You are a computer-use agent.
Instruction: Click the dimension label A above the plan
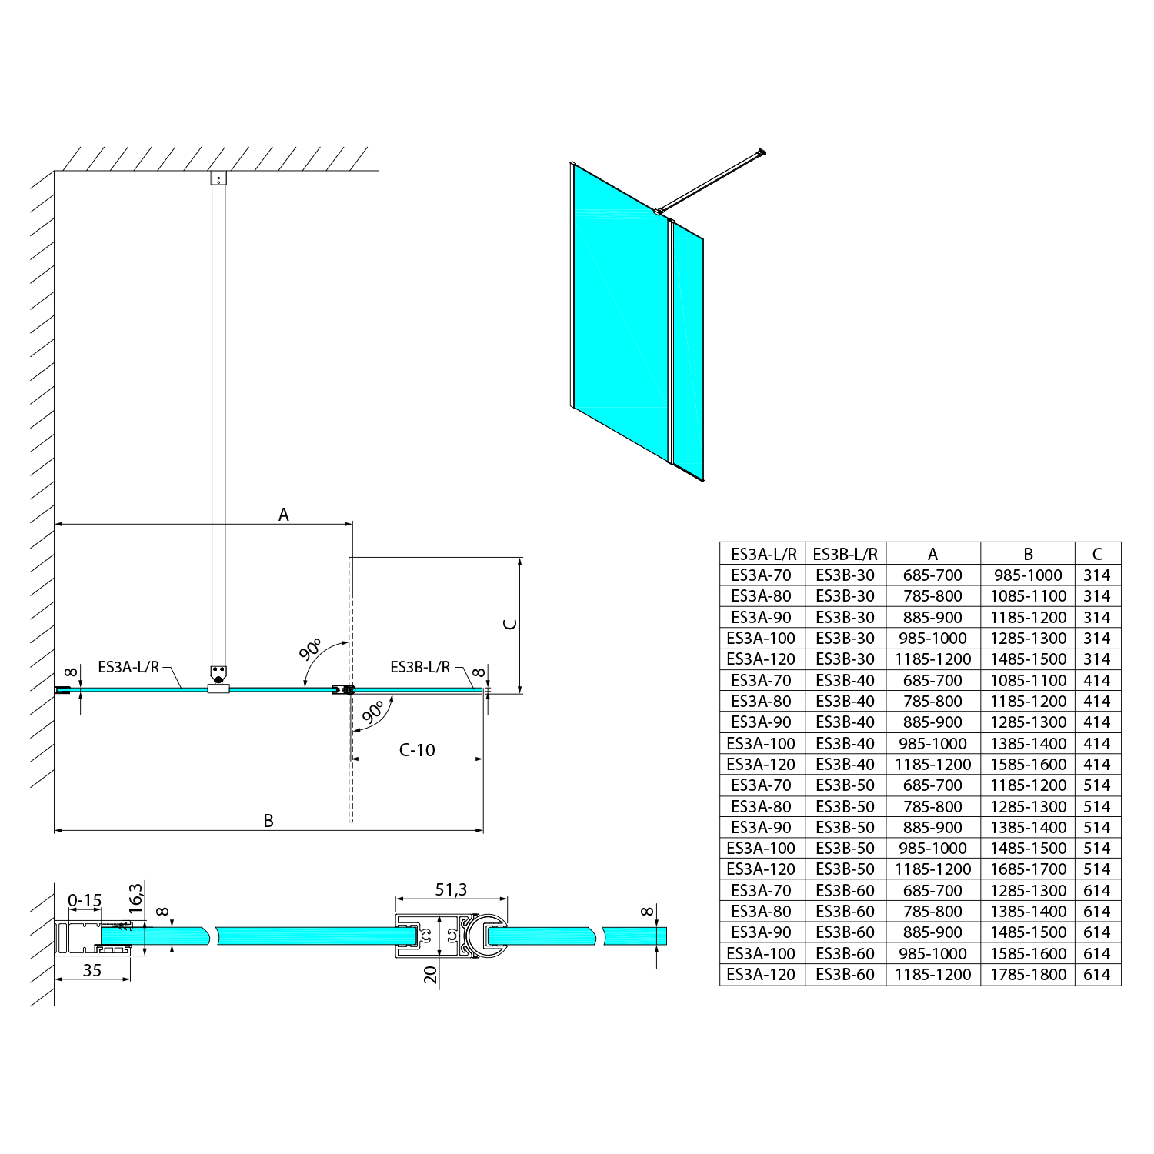tap(283, 515)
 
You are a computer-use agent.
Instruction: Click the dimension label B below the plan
tap(268, 821)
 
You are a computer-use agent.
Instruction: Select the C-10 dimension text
tap(417, 750)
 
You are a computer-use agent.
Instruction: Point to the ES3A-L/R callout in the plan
tap(128, 667)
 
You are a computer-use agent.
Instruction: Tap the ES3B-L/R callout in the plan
tap(420, 667)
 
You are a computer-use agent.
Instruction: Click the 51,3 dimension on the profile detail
tap(451, 889)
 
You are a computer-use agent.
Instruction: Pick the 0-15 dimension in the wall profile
tap(85, 901)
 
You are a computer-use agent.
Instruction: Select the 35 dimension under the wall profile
tap(92, 971)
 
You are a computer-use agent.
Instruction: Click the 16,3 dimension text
tap(135, 899)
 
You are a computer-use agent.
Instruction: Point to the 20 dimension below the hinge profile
tap(431, 975)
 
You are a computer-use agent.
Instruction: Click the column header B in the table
tap(1028, 554)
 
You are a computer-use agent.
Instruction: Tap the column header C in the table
tap(1097, 554)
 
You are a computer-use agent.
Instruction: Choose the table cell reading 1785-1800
tap(1028, 975)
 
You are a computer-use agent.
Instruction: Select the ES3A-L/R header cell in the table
tap(762, 554)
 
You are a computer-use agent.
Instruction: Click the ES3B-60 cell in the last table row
tap(845, 975)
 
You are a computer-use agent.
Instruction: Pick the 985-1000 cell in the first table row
tap(1028, 575)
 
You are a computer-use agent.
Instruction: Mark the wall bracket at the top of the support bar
tap(218, 178)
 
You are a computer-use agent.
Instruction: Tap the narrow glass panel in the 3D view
tap(688, 350)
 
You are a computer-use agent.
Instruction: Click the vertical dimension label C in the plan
tap(509, 624)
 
